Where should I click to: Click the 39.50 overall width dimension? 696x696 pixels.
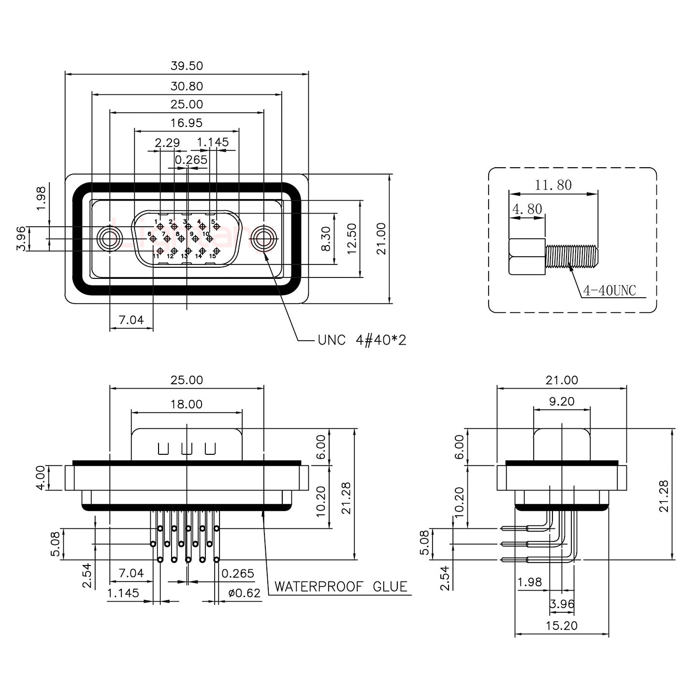187,65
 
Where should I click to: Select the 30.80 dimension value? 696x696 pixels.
187,87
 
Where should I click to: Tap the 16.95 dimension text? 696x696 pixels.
187,123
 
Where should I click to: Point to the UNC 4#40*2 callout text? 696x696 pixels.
362,340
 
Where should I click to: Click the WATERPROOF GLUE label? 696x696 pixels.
341,587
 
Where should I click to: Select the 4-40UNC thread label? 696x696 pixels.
609,290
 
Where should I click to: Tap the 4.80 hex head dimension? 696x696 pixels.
527,209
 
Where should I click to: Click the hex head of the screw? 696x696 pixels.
527,256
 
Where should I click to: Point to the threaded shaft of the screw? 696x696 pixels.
572,256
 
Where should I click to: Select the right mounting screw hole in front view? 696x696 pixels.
264,238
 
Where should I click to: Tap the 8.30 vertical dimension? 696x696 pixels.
326,238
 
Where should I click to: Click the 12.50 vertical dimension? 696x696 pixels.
351,238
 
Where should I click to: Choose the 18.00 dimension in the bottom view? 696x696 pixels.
187,404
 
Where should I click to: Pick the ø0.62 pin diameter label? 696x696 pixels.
244,593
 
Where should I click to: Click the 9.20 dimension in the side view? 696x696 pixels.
562,401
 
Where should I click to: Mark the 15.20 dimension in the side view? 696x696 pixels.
562,625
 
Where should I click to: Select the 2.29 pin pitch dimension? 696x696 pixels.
167,143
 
